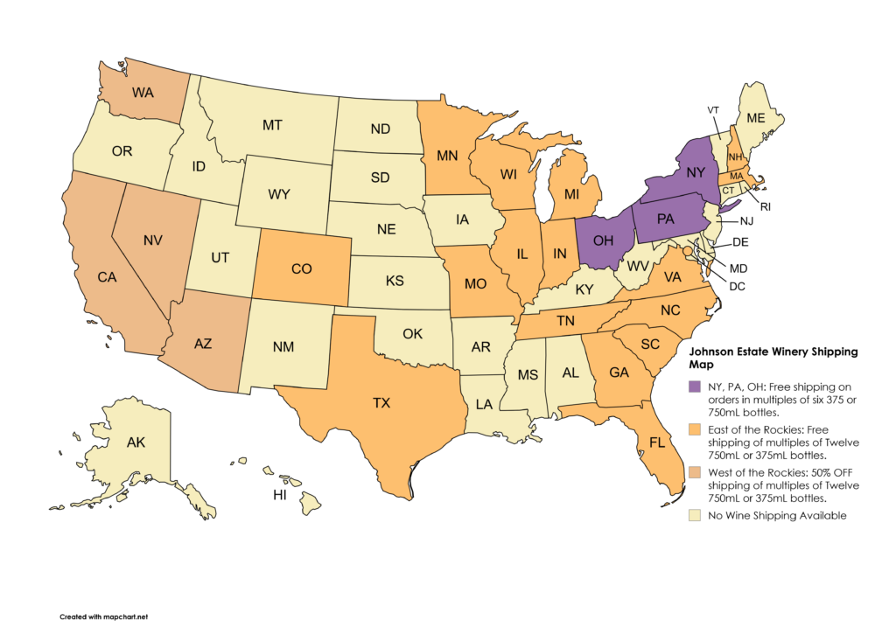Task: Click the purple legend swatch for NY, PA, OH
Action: (x=694, y=387)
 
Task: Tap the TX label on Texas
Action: (x=381, y=403)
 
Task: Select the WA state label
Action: (x=144, y=92)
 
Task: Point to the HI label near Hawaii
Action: (x=281, y=495)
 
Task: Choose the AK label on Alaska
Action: (x=136, y=442)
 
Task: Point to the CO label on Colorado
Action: (x=301, y=269)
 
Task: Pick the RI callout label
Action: (x=766, y=207)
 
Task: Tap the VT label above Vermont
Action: (x=713, y=109)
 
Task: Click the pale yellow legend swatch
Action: (x=694, y=516)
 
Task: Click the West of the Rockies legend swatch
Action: (x=694, y=472)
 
